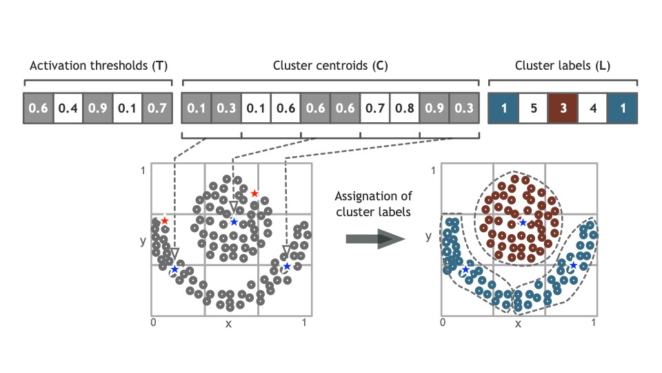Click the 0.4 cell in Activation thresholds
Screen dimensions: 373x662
[68, 108]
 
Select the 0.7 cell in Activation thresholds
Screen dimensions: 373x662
[157, 108]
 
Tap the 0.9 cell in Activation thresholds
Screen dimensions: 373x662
[97, 108]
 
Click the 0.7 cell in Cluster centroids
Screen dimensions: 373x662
[375, 108]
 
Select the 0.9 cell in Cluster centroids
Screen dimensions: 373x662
[434, 108]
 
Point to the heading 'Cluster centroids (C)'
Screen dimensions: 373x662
[330, 67]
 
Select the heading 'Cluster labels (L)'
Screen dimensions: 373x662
[562, 67]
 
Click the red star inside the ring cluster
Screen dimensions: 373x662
[254, 193]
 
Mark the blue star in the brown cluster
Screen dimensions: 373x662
[523, 222]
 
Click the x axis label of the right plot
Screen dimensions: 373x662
[518, 323]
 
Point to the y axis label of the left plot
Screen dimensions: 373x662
[141, 240]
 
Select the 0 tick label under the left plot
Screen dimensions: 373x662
[153, 323]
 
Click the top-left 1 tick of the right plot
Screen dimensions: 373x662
[432, 170]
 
